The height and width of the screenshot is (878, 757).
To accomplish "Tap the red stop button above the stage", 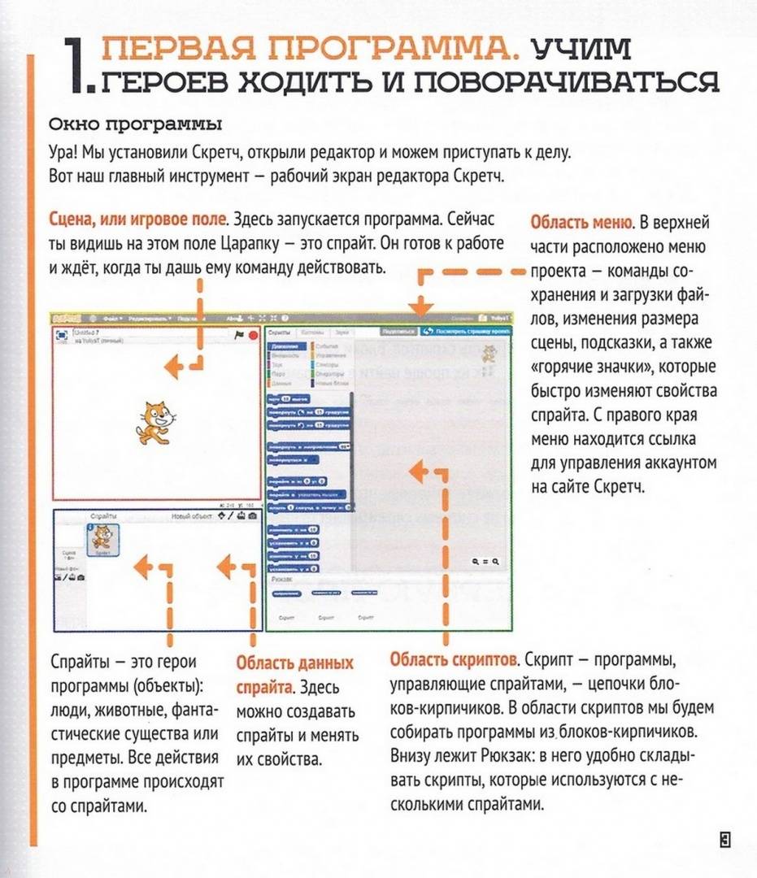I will coord(254,334).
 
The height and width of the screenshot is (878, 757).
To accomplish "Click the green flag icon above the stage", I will coord(240,334).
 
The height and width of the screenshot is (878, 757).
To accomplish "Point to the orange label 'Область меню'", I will coord(581,223).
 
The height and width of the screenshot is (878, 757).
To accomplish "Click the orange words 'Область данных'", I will coord(294,663).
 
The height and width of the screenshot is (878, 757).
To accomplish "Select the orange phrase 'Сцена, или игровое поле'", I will coord(138,219).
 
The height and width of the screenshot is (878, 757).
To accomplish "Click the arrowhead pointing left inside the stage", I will coord(172,368).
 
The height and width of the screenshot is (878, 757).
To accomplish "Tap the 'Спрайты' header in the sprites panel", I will coord(103,516).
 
